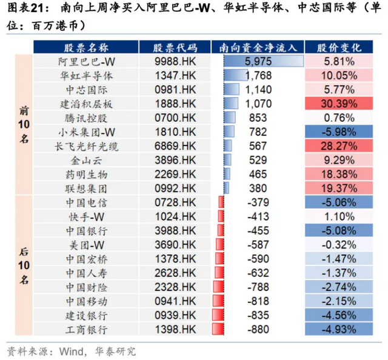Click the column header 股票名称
point(86,47)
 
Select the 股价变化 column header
point(339,47)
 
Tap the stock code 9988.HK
point(175,61)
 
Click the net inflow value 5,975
point(258,61)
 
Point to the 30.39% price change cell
point(339,104)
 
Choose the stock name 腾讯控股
point(86,118)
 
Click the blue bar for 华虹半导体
point(236,75)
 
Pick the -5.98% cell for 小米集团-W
point(339,132)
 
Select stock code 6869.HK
point(175,146)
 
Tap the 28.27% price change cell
point(339,146)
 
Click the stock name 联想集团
point(86,188)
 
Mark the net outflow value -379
point(258,202)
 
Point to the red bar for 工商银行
point(218,329)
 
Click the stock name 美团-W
point(87,245)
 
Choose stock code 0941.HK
point(175,301)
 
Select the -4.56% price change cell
point(339,315)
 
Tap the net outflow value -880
point(258,329)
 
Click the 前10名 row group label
point(24,124)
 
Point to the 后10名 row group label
point(24,265)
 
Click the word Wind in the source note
point(72,351)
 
